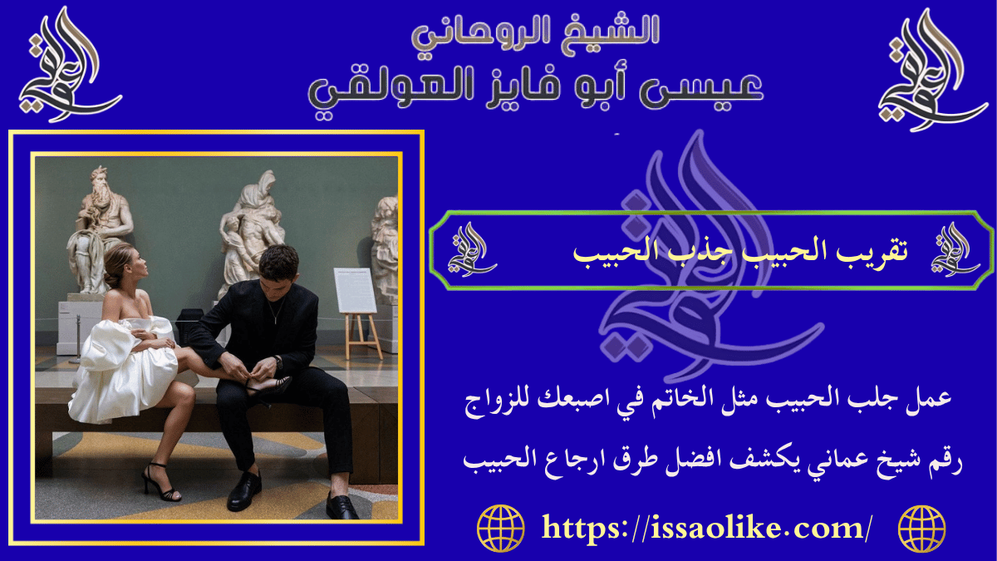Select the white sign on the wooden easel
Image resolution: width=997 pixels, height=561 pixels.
click(x=356, y=290)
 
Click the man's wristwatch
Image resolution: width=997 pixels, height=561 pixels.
click(x=276, y=362)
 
